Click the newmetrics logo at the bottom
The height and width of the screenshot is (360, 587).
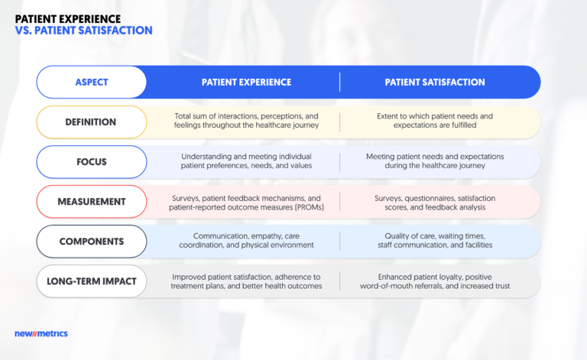point(41,333)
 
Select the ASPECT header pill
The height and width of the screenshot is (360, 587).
point(92,82)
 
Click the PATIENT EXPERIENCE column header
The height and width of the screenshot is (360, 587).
point(246,82)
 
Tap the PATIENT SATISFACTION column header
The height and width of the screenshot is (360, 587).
point(434,82)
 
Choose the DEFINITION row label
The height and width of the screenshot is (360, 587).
point(92,122)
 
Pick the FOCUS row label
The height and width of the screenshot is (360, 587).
point(92,161)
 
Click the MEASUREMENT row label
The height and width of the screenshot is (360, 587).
point(92,202)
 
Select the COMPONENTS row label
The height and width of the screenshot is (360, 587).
point(92,242)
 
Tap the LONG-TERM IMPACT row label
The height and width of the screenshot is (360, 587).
point(92,281)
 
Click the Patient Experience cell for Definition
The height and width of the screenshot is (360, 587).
point(246,122)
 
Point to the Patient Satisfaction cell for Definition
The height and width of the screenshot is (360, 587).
point(434,122)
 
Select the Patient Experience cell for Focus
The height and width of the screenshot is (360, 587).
point(246,161)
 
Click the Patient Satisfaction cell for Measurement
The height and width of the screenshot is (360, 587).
point(434,202)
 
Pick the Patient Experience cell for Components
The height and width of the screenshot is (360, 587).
point(246,242)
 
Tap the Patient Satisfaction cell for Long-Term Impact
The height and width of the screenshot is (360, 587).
point(434,281)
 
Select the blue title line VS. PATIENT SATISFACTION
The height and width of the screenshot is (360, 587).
point(83,31)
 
